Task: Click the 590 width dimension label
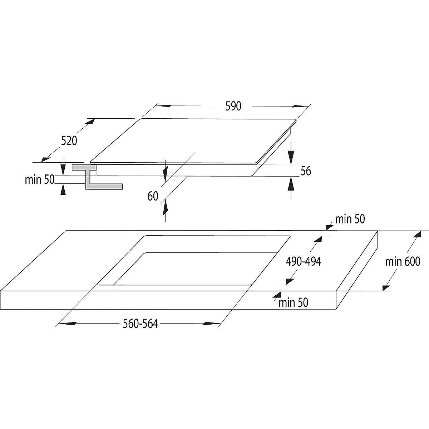point(233,106)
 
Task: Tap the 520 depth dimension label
point(69,141)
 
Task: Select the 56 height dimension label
point(306,171)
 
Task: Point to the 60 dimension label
point(153,196)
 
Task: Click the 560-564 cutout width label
point(140,324)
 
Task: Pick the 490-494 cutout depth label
point(304,262)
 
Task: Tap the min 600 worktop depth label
point(403,262)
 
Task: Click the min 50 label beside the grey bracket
point(40,179)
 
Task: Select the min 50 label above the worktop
point(350,219)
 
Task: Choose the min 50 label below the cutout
point(294,303)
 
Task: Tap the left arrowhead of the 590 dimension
point(164,106)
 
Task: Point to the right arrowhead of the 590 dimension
point(300,106)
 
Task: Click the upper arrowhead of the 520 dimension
point(90,122)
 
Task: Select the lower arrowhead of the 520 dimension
point(45,159)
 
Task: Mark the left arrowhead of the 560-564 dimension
point(68,324)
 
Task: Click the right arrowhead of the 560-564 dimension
point(211,324)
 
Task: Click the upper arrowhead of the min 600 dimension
point(417,235)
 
